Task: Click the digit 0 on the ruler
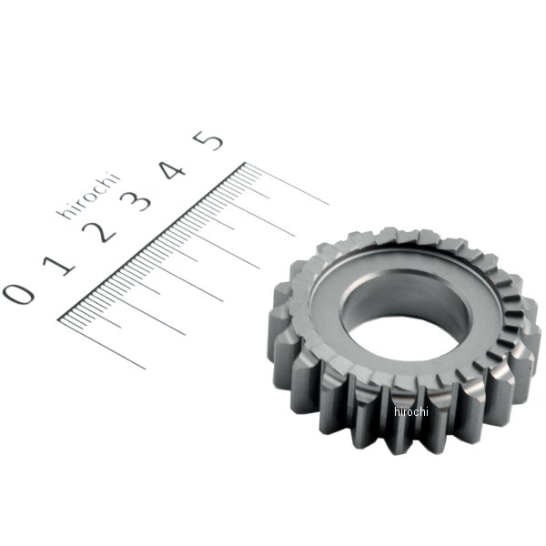18,293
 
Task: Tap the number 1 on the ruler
61,264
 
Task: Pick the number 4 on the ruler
175,170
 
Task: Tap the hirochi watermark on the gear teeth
410,411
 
